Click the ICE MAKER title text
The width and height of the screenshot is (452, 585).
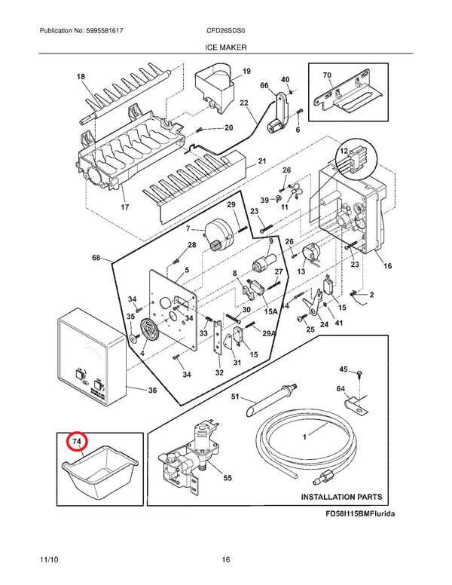[226, 47]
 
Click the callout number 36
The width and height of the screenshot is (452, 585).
[152, 391]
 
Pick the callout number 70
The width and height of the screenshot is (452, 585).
[327, 75]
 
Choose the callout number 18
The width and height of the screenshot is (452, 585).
[81, 77]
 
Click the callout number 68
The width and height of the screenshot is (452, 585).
[96, 259]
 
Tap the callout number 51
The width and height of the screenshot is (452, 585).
[234, 397]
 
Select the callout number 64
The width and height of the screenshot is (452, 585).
[341, 389]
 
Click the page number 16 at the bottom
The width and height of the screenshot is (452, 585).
[226, 559]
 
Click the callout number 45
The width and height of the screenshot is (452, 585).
[343, 369]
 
